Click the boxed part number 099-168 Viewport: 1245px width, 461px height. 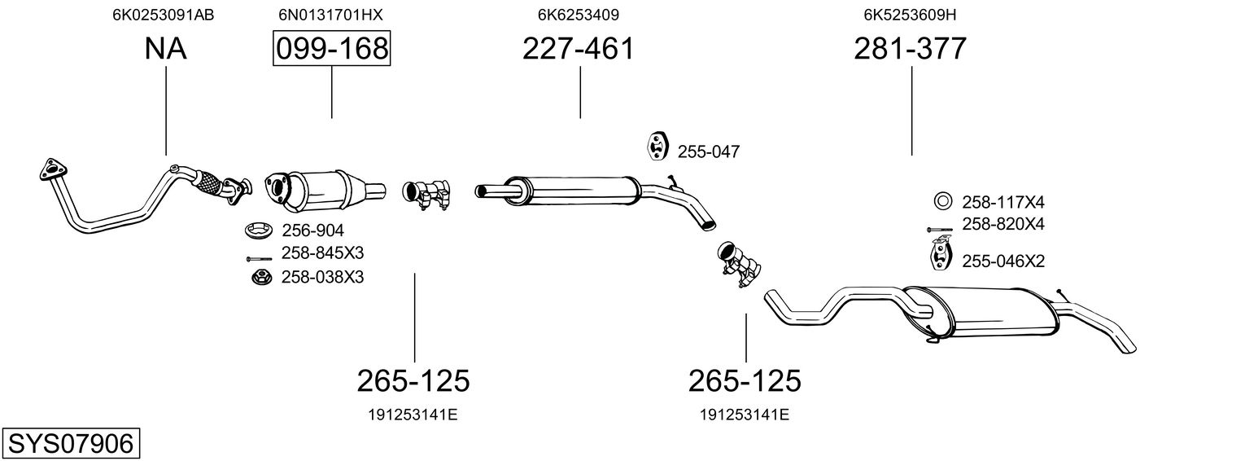coord(331,49)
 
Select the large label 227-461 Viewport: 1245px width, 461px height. coord(578,49)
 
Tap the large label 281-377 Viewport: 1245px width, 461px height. coord(911,49)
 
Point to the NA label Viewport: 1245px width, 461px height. coord(165,49)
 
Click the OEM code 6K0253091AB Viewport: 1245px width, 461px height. coord(164,15)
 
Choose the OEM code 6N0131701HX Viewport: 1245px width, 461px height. coord(330,15)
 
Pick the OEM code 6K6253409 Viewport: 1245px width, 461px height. coord(579,15)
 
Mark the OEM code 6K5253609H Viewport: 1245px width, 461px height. coord(910,15)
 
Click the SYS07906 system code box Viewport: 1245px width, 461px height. coord(70,444)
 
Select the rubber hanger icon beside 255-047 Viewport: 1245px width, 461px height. coord(656,146)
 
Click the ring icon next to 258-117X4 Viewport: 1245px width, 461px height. coord(942,201)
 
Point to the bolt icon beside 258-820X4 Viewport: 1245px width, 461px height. coord(940,230)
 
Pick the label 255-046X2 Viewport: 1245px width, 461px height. coord(1003,261)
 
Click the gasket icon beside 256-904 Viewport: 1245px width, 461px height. coord(258,230)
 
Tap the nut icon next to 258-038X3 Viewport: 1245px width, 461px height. coord(259,278)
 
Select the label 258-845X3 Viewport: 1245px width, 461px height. coord(322,253)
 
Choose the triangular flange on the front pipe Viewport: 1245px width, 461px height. coord(52,170)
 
